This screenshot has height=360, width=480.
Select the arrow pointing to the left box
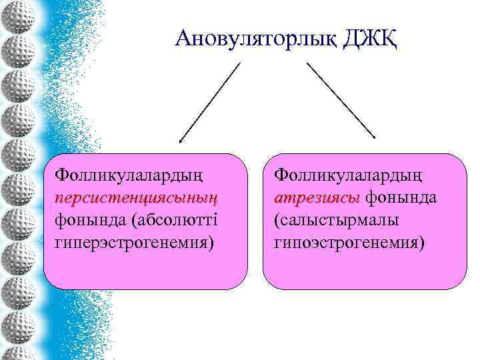coord(209,103)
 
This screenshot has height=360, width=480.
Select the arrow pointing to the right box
coord(341,100)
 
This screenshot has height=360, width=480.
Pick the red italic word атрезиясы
coord(316,198)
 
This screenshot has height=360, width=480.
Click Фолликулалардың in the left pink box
coord(130,176)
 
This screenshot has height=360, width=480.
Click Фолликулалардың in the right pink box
coord(347,176)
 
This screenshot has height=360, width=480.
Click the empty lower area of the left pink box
coord(140,270)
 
